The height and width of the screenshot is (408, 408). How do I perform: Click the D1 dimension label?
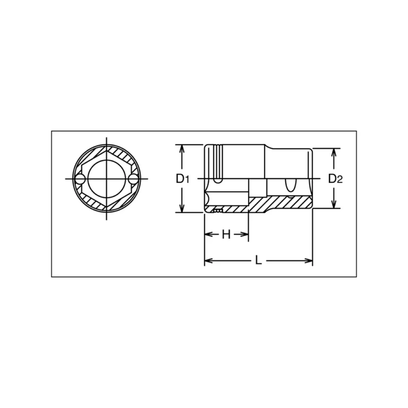(182, 178)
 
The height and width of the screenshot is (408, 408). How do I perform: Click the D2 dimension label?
(335, 178)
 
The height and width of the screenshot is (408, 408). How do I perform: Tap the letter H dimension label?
(226, 235)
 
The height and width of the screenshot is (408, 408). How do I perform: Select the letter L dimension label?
(258, 260)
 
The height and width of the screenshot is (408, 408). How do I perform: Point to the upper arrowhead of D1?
(182, 149)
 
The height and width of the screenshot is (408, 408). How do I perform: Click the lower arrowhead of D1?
(182, 208)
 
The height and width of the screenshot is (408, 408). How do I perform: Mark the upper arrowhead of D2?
(334, 152)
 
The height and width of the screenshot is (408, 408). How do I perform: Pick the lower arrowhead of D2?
(334, 204)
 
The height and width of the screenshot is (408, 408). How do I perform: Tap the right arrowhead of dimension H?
(244, 234)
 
